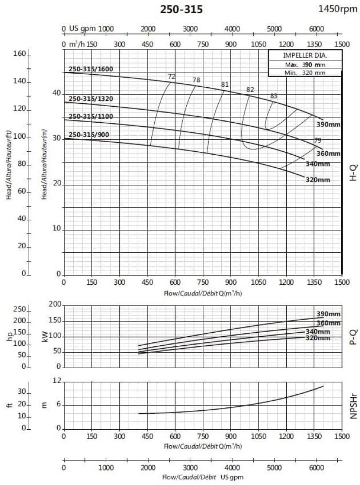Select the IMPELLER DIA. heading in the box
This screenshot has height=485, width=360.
point(305,55)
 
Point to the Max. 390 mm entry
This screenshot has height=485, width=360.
point(305,64)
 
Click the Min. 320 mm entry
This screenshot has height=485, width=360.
point(305,72)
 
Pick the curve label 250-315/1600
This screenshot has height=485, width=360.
point(91,69)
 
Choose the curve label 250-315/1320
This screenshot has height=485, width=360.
point(91,99)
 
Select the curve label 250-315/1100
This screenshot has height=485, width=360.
point(91,116)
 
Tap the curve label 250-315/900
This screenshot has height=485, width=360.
point(89,134)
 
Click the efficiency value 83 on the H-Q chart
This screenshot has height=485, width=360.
point(274,96)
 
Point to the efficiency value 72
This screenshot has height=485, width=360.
point(171,77)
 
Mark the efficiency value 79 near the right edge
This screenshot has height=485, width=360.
point(318,141)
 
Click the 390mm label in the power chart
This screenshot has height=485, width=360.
point(328,314)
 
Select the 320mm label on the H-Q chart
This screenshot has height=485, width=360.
point(318,180)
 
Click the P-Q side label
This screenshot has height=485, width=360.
point(353,336)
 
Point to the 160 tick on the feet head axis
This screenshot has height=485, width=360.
point(19,54)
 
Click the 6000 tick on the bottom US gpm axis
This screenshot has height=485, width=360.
point(316,468)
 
